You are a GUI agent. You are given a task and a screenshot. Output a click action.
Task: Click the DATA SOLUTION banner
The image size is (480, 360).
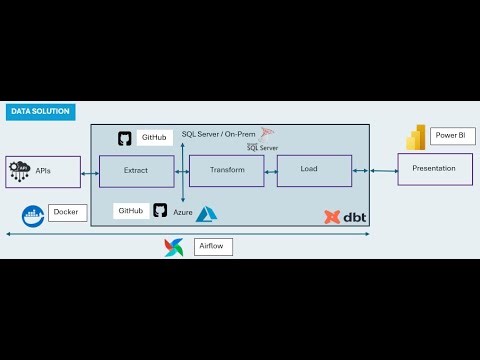pyautogui.click(x=40, y=112)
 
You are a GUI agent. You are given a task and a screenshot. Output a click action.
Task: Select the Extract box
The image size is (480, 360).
pyautogui.click(x=136, y=170)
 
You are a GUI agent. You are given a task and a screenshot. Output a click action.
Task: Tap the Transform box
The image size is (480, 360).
pyautogui.click(x=226, y=170)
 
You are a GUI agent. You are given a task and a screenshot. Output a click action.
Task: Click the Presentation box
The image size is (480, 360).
pyautogui.click(x=434, y=168)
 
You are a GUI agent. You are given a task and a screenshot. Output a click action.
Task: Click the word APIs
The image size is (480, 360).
pyautogui.click(x=43, y=171)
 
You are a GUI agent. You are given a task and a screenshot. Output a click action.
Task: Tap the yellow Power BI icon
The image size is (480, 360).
pyautogui.click(x=416, y=137)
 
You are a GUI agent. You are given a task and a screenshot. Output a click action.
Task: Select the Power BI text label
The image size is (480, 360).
pyautogui.click(x=448, y=135)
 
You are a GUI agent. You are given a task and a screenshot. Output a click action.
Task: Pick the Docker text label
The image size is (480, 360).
pyautogui.click(x=67, y=212)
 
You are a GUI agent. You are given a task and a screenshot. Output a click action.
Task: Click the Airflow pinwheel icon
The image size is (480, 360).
pyautogui.click(x=174, y=247)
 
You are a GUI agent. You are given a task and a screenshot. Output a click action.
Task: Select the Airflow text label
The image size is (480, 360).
pyautogui.click(x=211, y=245)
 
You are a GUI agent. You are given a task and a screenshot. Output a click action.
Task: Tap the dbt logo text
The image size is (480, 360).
pyautogui.click(x=352, y=215)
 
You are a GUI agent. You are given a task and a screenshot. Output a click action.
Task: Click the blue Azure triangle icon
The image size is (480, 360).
pyautogui.click(x=207, y=213)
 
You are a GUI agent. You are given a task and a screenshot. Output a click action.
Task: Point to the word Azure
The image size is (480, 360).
pyautogui.click(x=182, y=212)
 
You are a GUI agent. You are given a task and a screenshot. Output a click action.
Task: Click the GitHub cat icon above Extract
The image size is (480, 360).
pyautogui.click(x=125, y=138)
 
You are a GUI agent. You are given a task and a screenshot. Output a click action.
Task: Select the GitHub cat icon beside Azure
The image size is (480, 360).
pyautogui.click(x=160, y=210)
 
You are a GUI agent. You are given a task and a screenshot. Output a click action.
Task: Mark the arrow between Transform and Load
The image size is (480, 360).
pyautogui.click(x=270, y=171)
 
